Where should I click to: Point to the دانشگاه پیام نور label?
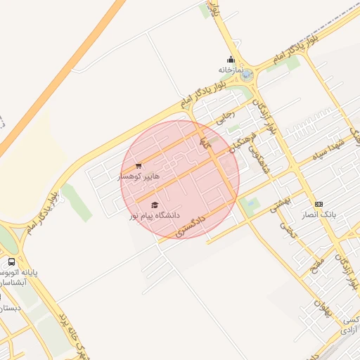click(x=154, y=214)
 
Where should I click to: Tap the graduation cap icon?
click(x=154, y=205)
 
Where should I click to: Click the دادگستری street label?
click(x=191, y=226)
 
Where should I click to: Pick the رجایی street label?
click(x=224, y=119)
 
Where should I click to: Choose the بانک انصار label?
click(x=320, y=213)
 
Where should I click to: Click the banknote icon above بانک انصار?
click(x=319, y=202)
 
